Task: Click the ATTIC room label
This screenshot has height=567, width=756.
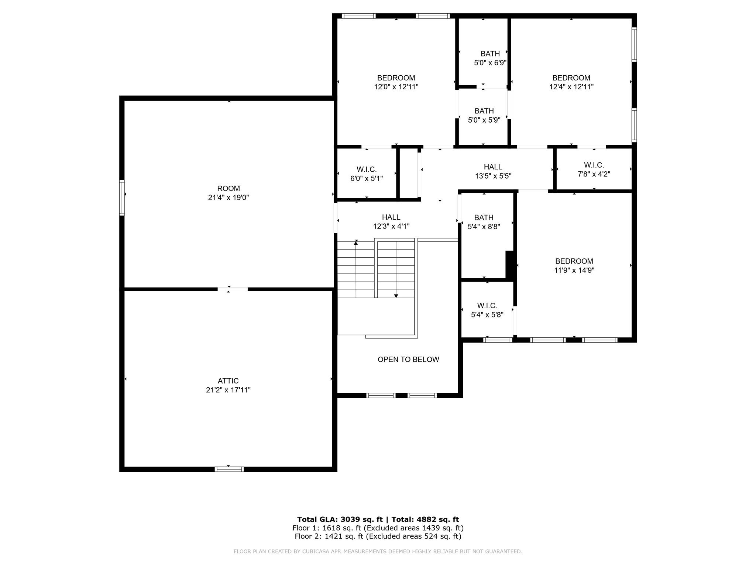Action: click(228, 381)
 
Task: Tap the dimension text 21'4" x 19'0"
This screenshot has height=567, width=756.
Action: click(228, 197)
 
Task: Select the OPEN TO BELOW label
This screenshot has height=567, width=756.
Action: click(408, 360)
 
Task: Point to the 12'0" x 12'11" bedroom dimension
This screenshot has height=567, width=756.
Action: click(396, 87)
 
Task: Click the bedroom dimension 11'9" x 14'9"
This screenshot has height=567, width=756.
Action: click(574, 270)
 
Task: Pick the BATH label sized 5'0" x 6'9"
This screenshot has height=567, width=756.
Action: click(490, 54)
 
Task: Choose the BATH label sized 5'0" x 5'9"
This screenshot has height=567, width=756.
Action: click(484, 111)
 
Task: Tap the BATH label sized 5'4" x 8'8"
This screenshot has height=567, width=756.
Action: click(484, 217)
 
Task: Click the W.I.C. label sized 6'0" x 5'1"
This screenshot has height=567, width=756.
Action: click(367, 169)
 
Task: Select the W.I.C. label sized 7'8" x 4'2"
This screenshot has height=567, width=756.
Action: click(594, 165)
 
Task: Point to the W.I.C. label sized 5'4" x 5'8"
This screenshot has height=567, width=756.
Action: click(487, 306)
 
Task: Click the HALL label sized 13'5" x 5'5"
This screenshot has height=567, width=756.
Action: click(493, 167)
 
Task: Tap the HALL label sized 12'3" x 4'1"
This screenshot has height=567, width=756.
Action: click(391, 217)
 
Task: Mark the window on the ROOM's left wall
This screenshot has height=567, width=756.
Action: click(122, 197)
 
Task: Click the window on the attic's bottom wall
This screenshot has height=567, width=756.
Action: click(229, 469)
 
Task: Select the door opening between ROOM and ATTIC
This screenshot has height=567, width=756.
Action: click(233, 289)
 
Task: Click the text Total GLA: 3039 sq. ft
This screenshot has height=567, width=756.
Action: click(340, 519)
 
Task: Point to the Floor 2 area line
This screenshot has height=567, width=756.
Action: click(378, 536)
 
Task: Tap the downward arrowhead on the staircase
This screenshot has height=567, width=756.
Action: click(396, 296)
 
